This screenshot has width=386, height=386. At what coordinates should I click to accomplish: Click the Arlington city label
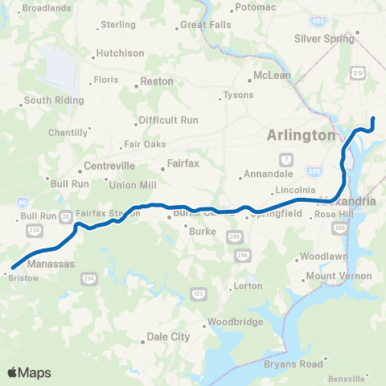coord(301,136)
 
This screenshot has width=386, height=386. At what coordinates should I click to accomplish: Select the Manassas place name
coord(51,264)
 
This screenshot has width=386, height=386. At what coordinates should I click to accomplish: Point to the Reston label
coord(157,81)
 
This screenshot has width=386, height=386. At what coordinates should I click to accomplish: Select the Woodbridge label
coord(236,322)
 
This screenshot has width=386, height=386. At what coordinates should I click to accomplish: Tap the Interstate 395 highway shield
coord(314,171)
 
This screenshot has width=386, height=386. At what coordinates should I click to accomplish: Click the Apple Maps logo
coord(29,372)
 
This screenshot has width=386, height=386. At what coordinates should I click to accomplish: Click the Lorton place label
coord(246,286)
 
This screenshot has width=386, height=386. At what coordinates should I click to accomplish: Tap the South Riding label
coord(50,101)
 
